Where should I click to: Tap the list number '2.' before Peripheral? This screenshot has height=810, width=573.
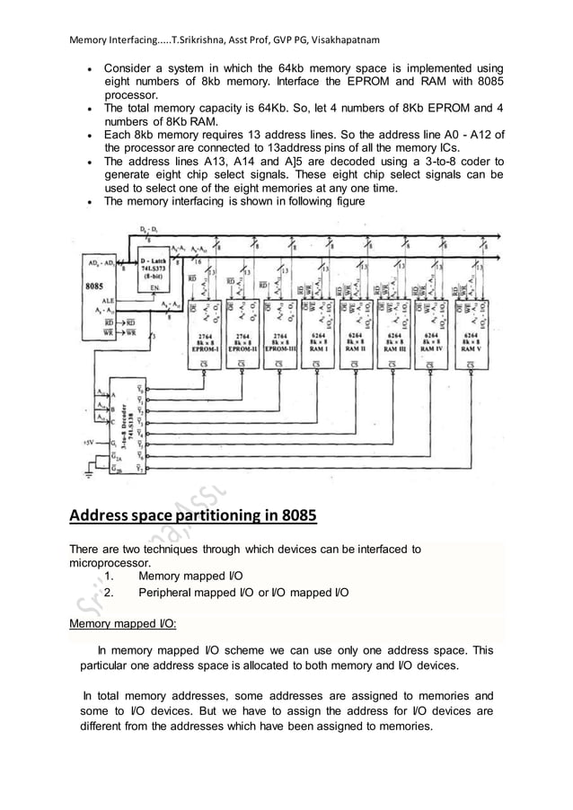pyautogui.click(x=109, y=593)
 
